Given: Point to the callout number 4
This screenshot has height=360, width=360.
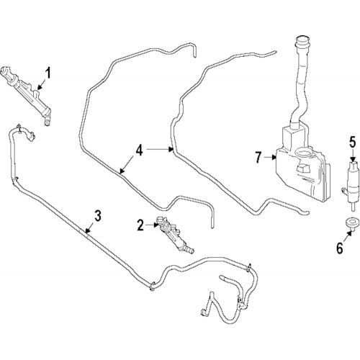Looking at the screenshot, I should (140, 151).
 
